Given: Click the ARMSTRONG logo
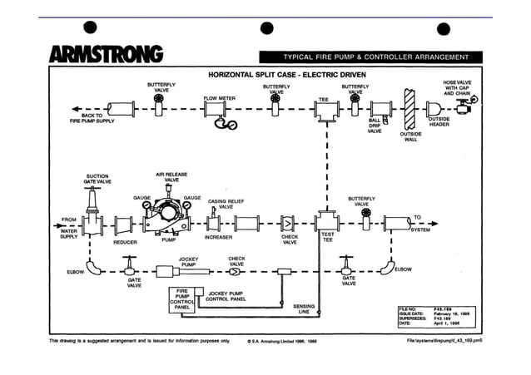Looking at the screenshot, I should click(106, 55).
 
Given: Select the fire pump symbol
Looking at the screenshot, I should click(170, 219).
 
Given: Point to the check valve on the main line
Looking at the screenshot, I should click(288, 224).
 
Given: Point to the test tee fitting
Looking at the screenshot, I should click(327, 223).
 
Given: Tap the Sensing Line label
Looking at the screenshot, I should click(304, 309).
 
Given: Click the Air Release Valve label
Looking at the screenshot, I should click(171, 177).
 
